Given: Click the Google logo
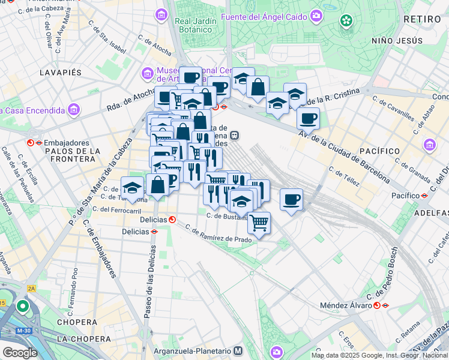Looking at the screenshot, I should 20,353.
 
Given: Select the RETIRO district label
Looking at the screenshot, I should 422,20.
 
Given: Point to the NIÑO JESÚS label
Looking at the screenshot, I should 397,41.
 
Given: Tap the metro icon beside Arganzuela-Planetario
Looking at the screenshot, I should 238,350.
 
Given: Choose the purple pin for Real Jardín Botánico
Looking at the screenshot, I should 161,14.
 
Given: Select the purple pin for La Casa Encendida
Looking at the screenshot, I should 74,110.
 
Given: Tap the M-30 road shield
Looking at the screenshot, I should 24,331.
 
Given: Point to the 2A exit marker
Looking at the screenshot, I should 31,289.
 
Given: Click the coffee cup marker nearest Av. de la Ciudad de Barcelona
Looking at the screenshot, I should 308,119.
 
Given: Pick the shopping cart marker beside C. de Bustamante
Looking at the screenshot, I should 259,223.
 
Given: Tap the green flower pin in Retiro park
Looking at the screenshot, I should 346,22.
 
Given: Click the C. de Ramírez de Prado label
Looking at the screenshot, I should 218,234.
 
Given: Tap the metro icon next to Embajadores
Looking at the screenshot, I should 31,143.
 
